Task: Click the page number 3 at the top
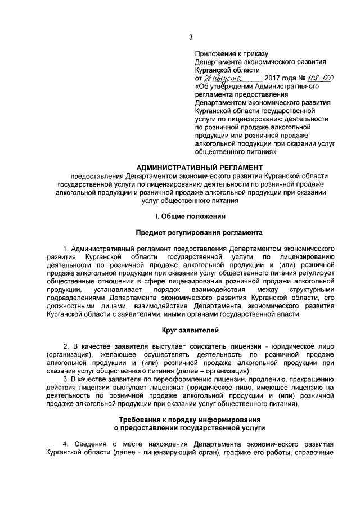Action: click(191, 38)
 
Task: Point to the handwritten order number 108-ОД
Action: click(317, 79)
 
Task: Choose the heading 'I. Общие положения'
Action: click(191, 216)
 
